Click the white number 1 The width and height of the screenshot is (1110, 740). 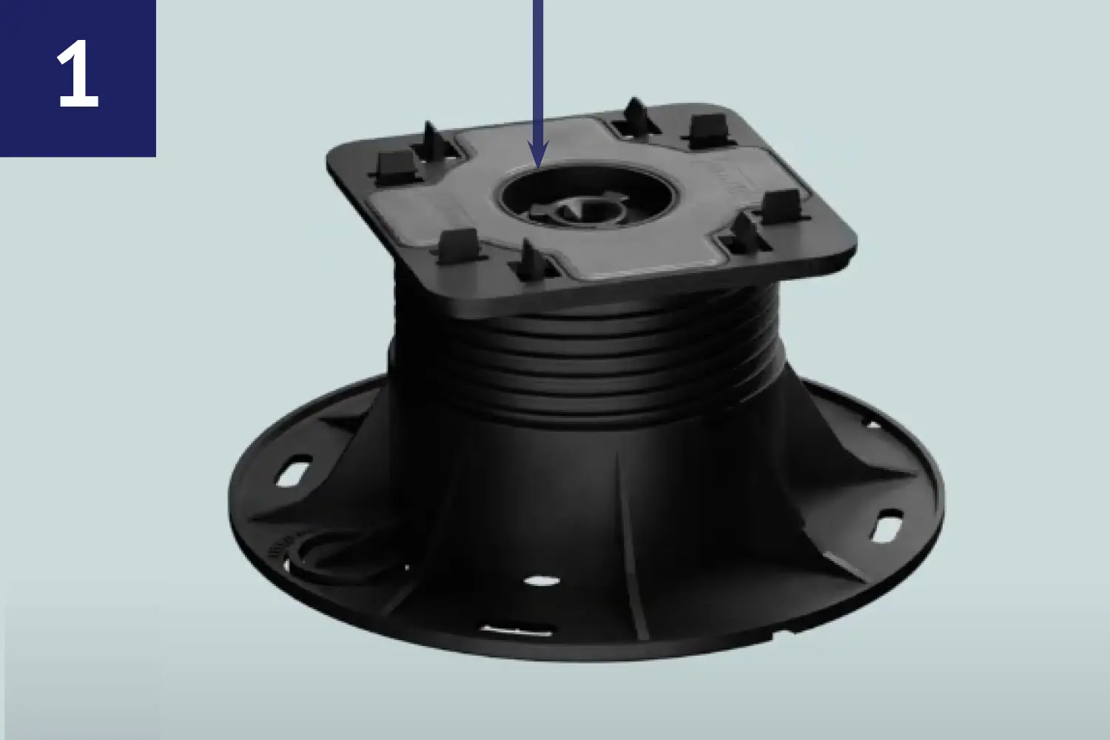coord(78,73)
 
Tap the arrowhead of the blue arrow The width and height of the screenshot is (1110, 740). coord(538,154)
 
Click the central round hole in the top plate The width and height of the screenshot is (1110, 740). coord(586,196)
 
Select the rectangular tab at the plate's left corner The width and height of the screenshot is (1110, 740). coord(397,166)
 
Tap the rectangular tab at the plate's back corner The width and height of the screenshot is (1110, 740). coord(709,129)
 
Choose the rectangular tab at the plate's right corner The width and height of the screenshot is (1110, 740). coord(781,206)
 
